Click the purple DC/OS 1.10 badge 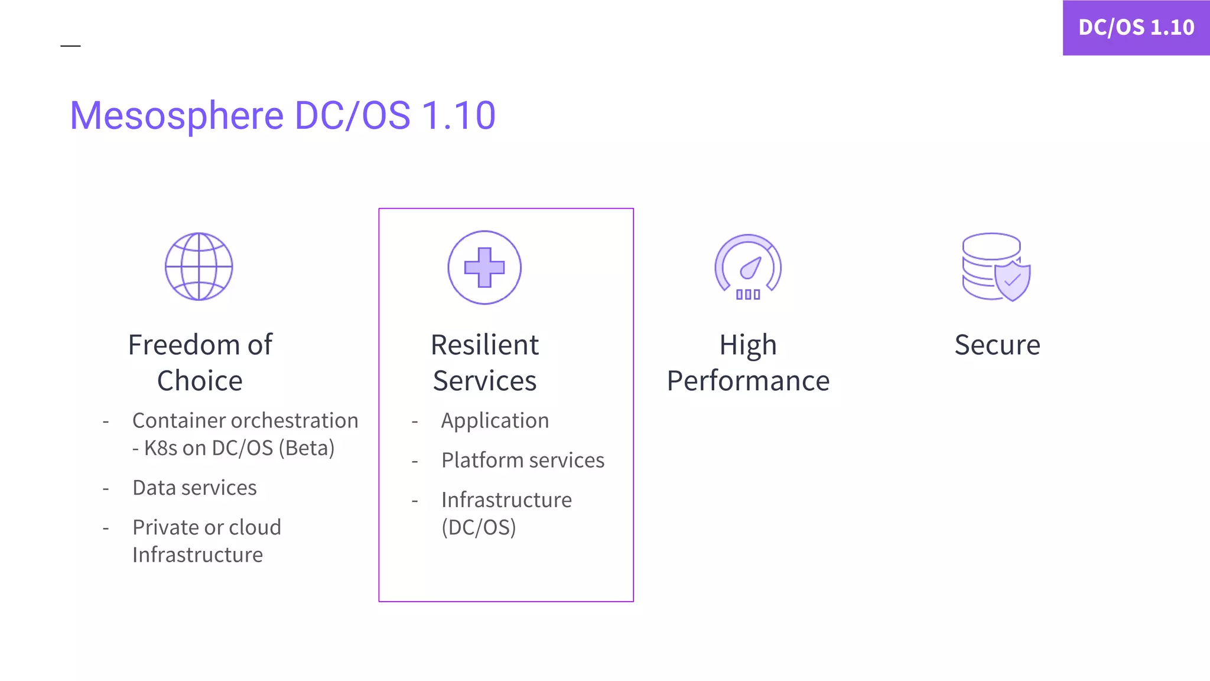1136,27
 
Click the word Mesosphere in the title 177,115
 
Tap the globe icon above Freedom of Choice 199,267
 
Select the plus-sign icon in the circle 484,268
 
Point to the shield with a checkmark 1013,280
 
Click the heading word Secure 997,345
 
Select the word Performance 748,381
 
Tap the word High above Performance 748,345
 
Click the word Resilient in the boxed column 484,345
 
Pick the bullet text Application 495,420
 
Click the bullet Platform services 523,460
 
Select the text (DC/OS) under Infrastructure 479,527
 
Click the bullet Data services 194,488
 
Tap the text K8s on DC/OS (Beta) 239,448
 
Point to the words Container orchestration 245,420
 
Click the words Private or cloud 207,527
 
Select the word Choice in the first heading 200,381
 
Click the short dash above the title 70,46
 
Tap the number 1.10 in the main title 458,115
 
